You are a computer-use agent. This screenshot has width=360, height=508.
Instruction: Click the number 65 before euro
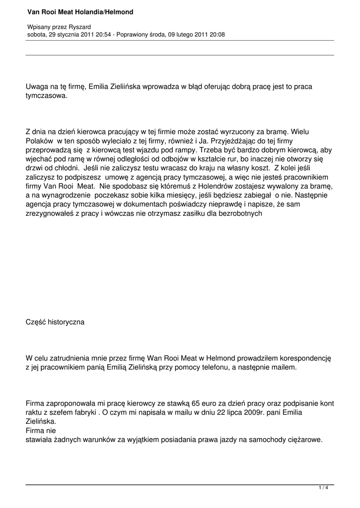point(196,403)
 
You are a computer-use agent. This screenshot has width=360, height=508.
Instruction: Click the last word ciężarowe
point(302,439)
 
